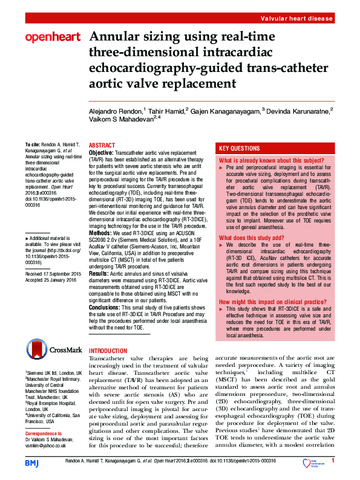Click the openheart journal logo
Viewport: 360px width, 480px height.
click(52, 37)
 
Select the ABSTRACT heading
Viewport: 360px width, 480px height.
click(101, 146)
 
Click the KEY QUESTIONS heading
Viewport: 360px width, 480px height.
click(240, 148)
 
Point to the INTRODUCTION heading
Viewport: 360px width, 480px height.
click(108, 351)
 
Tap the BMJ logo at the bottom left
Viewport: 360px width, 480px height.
click(31, 462)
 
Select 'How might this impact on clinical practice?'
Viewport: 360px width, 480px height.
click(270, 301)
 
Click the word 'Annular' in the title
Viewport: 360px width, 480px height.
click(110, 37)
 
